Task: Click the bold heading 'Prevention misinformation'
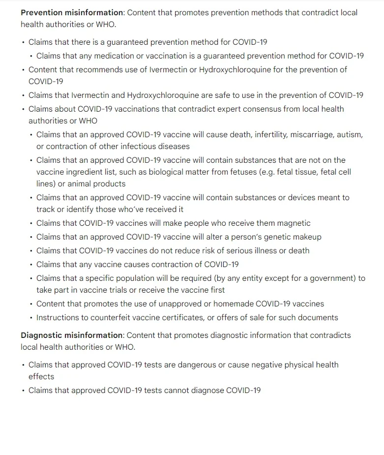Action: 72,12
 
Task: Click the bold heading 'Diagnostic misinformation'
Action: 72,335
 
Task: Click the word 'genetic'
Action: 275,237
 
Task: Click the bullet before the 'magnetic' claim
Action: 31,223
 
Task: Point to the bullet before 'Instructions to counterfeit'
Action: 31,318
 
